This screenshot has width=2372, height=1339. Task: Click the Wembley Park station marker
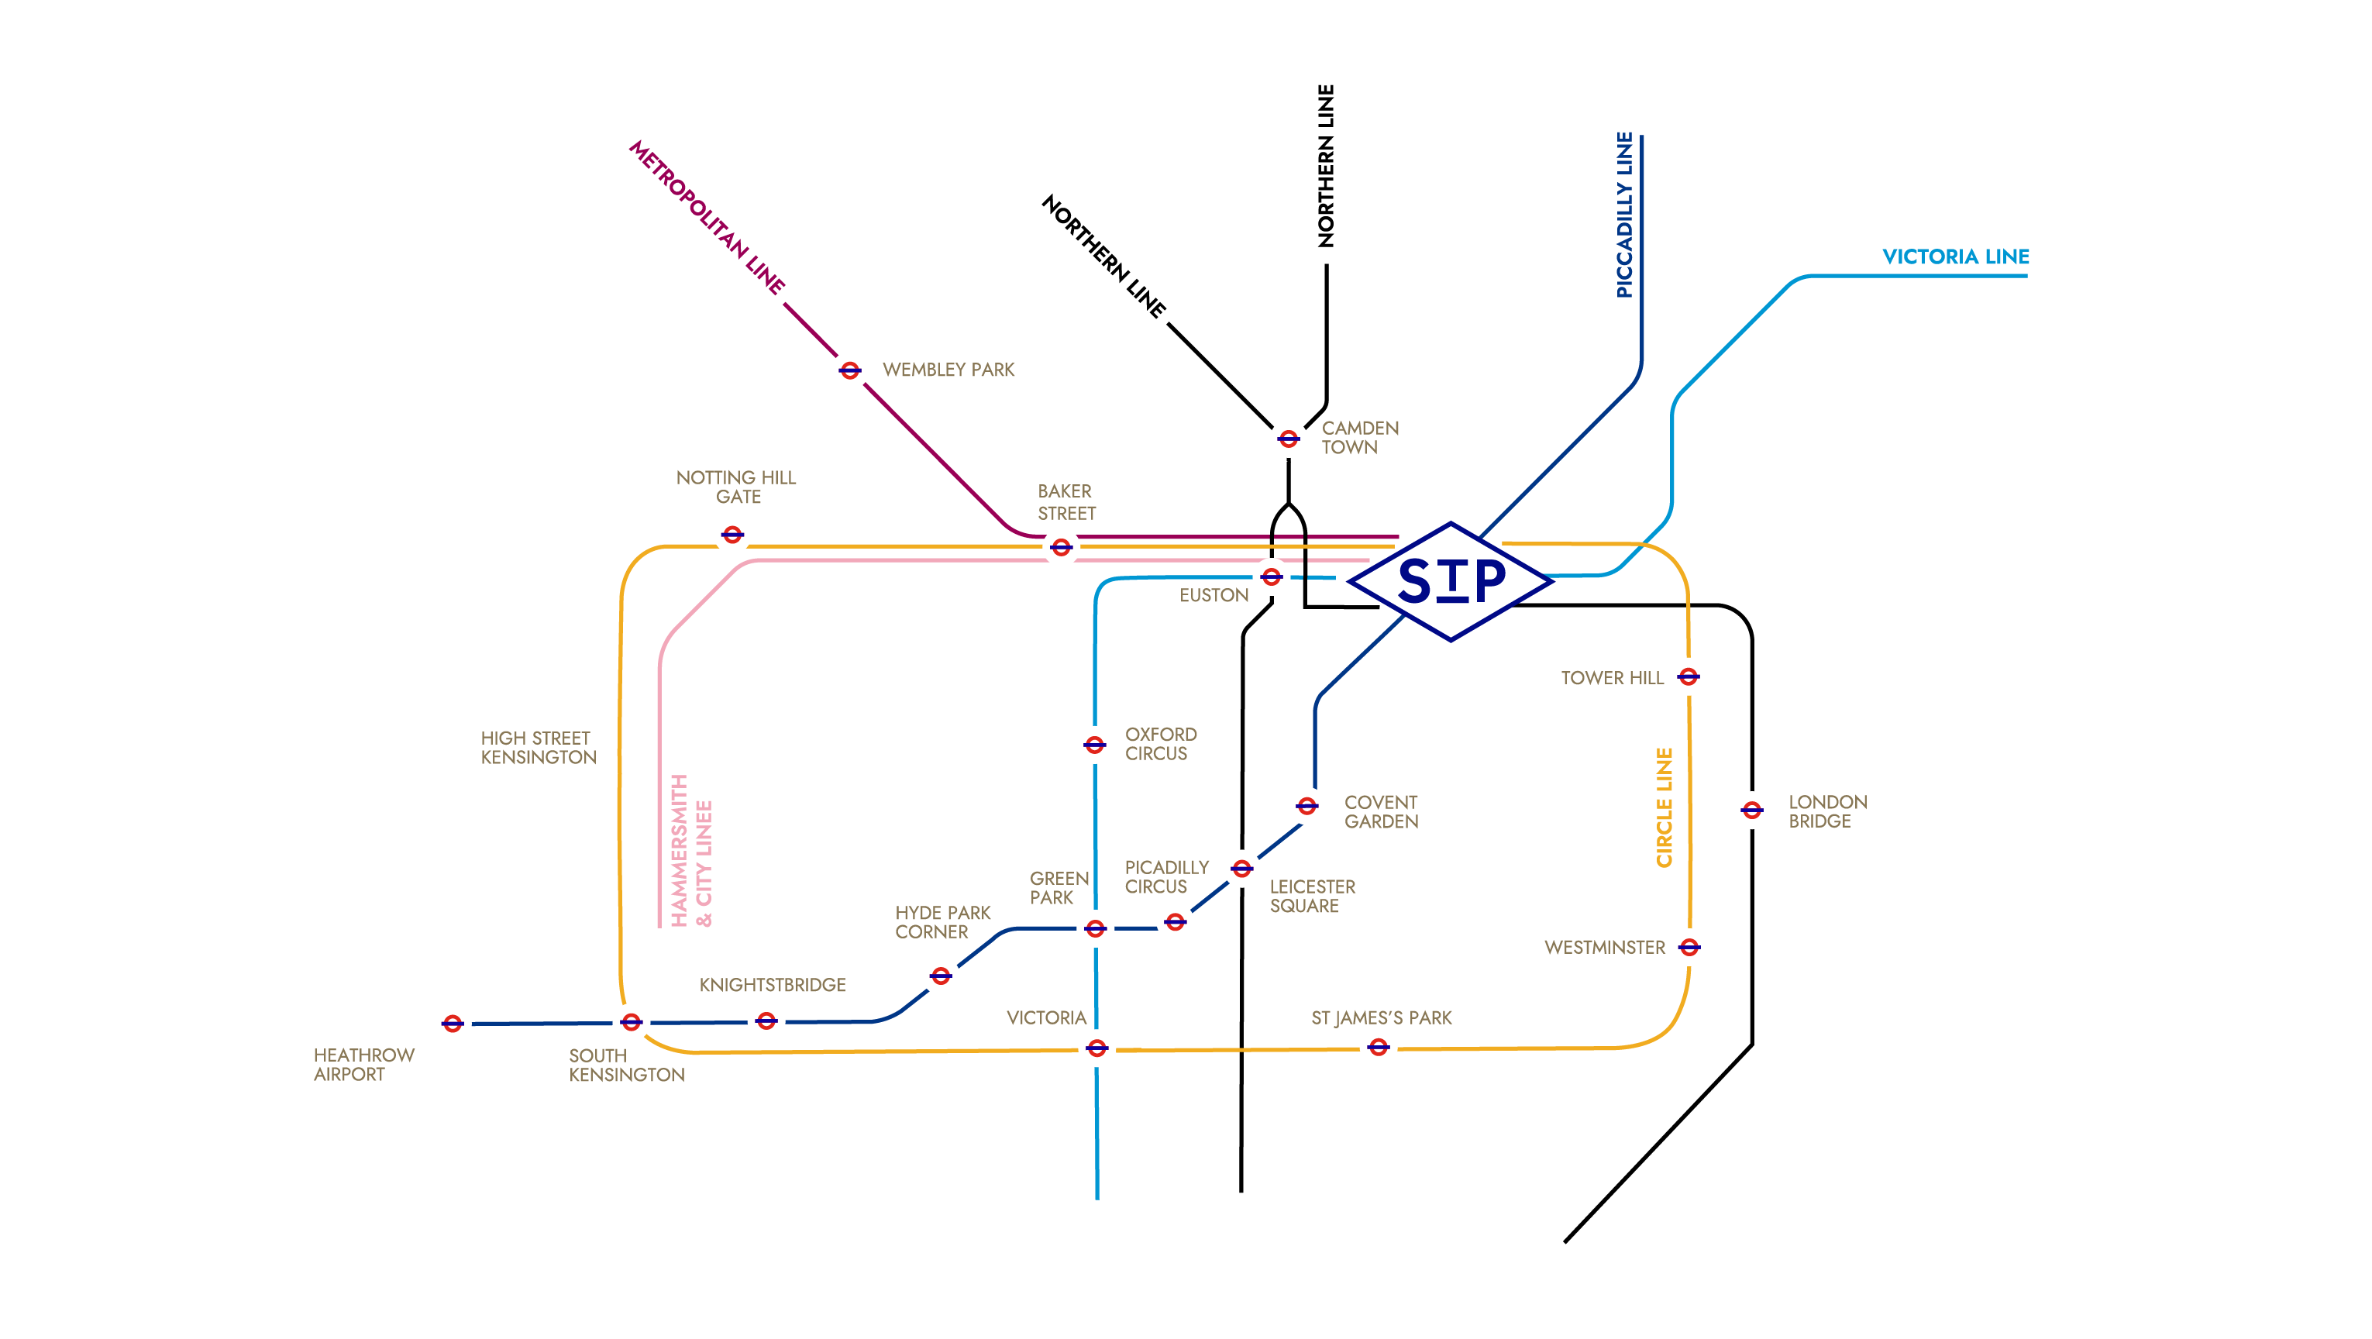click(x=849, y=370)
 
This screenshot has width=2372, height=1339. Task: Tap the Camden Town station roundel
click(x=1287, y=439)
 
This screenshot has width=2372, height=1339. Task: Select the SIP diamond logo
click(x=1451, y=581)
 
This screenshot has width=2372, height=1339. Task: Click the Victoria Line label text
click(x=1955, y=257)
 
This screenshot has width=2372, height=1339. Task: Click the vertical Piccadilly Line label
click(x=1624, y=215)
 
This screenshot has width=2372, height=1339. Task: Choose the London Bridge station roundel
click(x=1751, y=811)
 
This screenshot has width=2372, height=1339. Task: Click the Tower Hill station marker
click(x=1688, y=677)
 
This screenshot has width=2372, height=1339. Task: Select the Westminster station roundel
click(x=1689, y=947)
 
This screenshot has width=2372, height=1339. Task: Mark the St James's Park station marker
click(x=1378, y=1047)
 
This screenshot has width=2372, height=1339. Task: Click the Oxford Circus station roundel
click(x=1094, y=744)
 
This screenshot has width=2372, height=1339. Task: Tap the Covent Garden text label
click(x=1380, y=812)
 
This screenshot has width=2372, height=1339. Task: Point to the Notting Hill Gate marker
click(x=732, y=534)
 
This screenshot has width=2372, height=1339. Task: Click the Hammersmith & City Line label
click(x=690, y=850)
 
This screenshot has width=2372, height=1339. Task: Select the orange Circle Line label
click(x=1664, y=807)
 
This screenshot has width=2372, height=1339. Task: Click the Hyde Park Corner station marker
click(x=940, y=976)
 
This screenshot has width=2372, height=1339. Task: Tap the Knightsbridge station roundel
click(x=766, y=1021)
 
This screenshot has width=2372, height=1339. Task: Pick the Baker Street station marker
click(x=1061, y=547)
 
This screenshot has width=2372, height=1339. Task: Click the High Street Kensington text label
click(x=538, y=748)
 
